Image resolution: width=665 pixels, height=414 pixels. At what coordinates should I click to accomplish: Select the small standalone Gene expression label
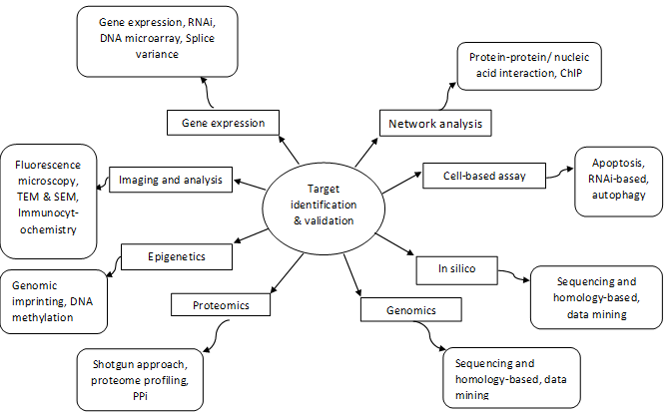223,123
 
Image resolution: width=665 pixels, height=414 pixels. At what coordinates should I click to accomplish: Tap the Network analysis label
432,124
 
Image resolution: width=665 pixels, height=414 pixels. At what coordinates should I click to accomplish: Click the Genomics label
411,310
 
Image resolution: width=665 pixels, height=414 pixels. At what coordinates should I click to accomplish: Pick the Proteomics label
221,304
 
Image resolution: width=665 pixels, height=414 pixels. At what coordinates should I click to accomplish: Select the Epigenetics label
176,256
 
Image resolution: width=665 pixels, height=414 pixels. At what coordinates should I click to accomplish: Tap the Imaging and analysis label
170,180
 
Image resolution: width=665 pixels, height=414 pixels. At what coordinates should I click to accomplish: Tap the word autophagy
618,196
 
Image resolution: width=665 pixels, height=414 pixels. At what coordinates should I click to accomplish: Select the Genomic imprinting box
53,301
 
